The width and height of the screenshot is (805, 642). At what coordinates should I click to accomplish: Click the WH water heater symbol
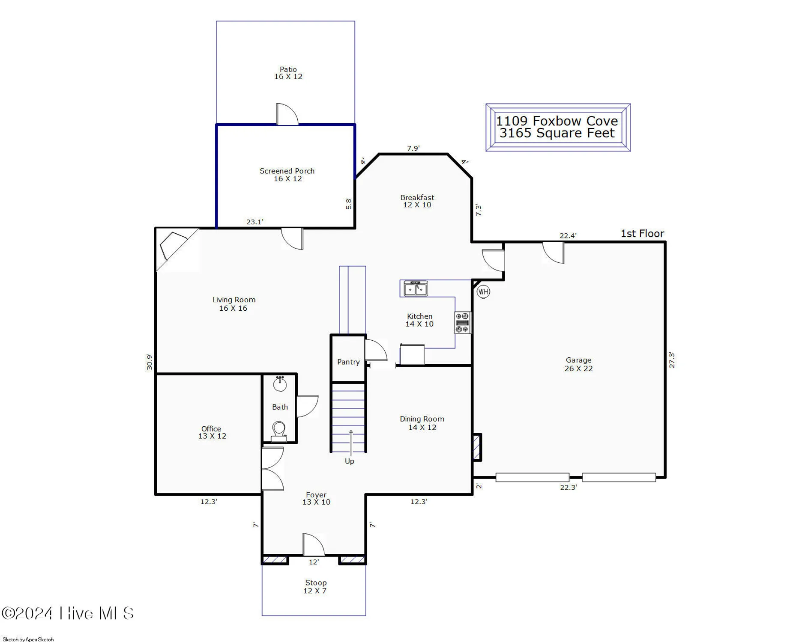pyautogui.click(x=483, y=292)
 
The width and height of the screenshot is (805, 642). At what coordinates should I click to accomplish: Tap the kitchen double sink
pyautogui.click(x=415, y=289)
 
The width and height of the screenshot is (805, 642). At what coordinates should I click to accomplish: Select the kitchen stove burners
pyautogui.click(x=462, y=322)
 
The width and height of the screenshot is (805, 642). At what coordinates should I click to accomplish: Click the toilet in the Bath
pyautogui.click(x=279, y=429)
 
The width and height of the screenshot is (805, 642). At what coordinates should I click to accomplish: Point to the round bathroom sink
pyautogui.click(x=280, y=384)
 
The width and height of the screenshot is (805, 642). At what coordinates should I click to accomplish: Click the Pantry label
pyautogui.click(x=348, y=362)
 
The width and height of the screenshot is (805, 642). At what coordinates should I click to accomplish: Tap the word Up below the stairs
pyautogui.click(x=350, y=461)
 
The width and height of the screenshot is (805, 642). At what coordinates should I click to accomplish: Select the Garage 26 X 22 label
pyautogui.click(x=578, y=364)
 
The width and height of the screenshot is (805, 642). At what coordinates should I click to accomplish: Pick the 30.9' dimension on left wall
pyautogui.click(x=149, y=362)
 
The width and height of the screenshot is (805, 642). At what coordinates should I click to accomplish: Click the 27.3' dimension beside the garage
pyautogui.click(x=672, y=360)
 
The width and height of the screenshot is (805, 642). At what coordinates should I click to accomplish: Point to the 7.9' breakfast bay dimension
pyautogui.click(x=413, y=149)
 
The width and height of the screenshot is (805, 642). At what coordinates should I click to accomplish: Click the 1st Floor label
pyautogui.click(x=642, y=234)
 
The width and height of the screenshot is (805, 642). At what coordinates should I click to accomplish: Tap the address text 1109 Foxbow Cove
pyautogui.click(x=557, y=121)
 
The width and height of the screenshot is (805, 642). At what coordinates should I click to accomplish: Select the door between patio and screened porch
pyautogui.click(x=286, y=115)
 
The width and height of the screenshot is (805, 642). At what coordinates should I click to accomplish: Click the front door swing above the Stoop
pyautogui.click(x=313, y=545)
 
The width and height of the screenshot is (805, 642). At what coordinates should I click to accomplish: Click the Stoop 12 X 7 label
pyautogui.click(x=315, y=587)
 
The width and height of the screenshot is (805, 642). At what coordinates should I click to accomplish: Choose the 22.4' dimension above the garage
pyautogui.click(x=568, y=236)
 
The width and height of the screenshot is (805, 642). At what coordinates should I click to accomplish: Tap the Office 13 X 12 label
pyautogui.click(x=212, y=432)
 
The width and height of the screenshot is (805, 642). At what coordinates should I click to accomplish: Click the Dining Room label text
pyautogui.click(x=422, y=419)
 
